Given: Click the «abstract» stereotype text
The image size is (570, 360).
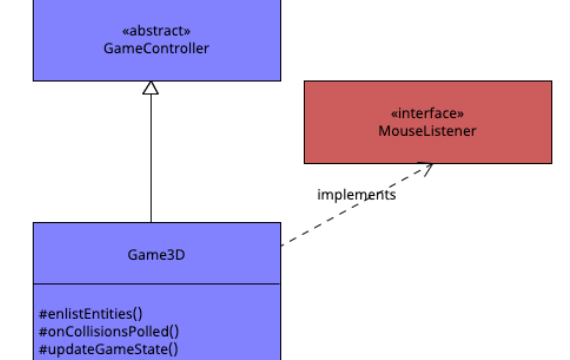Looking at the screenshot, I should tap(157, 30).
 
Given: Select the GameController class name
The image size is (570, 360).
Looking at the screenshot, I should tap(157, 48).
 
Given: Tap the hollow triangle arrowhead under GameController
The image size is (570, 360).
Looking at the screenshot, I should tap(151, 88).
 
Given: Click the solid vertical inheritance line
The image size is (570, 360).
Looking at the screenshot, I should tap(151, 160).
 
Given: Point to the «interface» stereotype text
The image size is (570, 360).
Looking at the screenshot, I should tap(427, 113).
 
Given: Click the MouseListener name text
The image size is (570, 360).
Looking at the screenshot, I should tap(427, 131).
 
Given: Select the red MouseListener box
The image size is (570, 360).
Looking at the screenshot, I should tap(500, 145).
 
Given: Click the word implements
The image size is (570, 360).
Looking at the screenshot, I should tap(356, 195).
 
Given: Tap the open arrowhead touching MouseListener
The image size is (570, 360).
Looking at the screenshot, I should tap(427, 168).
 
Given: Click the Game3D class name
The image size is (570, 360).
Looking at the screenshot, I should tap(157, 254).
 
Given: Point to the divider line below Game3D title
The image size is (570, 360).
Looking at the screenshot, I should tap(157, 284).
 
